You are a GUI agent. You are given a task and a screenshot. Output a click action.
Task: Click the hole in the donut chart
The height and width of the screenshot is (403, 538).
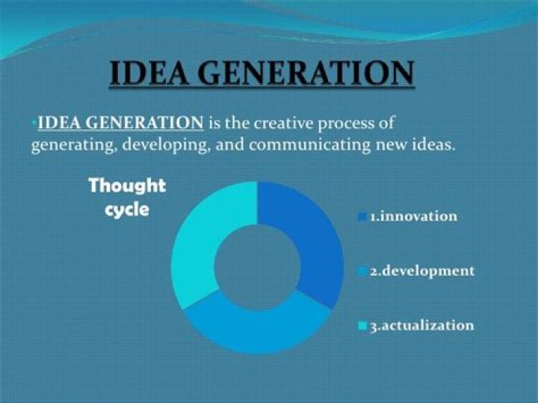[x=258, y=267]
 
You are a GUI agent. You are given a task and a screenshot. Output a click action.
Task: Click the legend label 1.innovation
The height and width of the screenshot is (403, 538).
[x=413, y=216]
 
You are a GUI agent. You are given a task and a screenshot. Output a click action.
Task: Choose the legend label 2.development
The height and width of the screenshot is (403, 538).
[x=421, y=271]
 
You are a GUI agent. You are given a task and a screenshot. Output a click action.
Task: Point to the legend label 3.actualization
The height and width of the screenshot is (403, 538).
[x=421, y=326]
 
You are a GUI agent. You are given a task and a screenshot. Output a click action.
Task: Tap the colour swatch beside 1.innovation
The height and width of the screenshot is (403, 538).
[x=362, y=217]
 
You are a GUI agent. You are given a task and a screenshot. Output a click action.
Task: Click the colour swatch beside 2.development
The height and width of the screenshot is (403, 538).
[x=362, y=271]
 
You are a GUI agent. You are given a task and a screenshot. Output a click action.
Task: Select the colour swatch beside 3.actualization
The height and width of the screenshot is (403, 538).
[x=362, y=327]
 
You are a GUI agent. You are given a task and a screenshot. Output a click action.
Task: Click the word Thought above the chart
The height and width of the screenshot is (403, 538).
[x=127, y=185]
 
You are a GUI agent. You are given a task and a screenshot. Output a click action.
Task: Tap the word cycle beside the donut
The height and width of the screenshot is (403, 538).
[x=127, y=209]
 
